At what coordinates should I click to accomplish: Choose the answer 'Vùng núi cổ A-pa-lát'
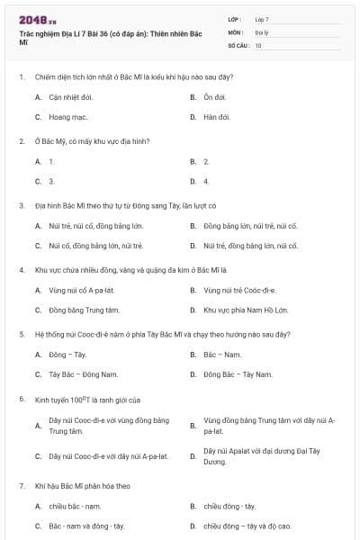click(83, 290)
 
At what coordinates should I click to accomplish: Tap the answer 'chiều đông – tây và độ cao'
click(247, 526)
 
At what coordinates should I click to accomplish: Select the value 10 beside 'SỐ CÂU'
click(258, 44)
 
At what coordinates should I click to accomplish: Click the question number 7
click(21, 485)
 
